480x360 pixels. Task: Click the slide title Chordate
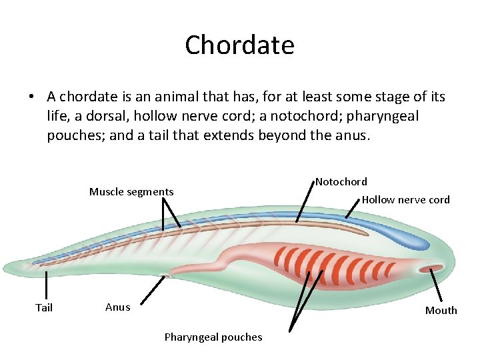tap(239, 45)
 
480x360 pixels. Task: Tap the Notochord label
tap(341, 181)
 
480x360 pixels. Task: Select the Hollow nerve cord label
tap(405, 199)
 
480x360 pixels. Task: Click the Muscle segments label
tap(131, 192)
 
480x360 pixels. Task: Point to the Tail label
tap(44, 307)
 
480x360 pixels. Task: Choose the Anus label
tap(118, 307)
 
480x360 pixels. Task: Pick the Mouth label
tap(441, 310)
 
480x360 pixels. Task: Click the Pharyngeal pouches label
tap(213, 337)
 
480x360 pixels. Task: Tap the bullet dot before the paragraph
tap(31, 97)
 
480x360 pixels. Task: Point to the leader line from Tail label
tap(45, 285)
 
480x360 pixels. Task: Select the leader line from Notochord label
tap(305, 201)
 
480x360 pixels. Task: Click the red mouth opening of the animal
tap(426, 269)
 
